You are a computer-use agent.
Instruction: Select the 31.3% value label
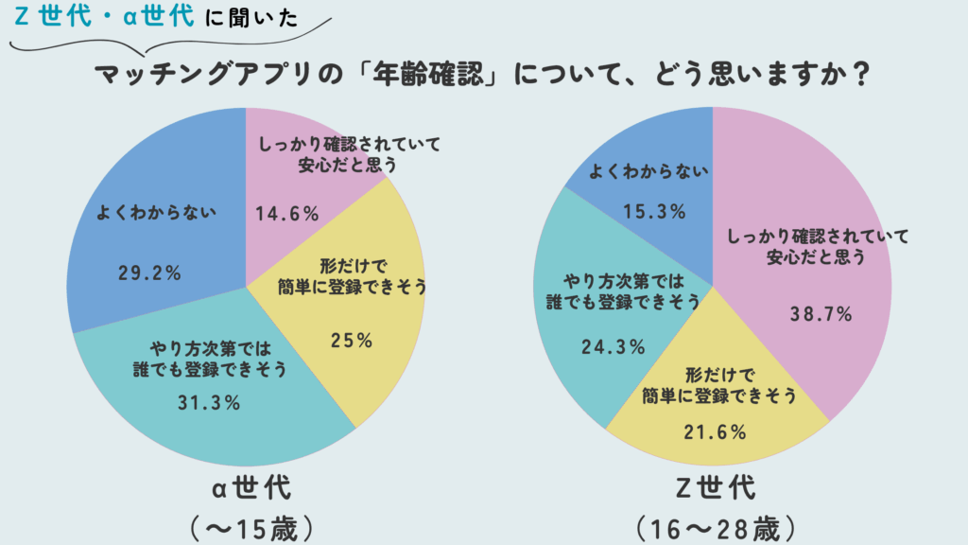pos(209,402)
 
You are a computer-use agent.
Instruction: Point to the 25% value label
pos(350,339)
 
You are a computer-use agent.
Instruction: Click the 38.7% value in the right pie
pos(821,312)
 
